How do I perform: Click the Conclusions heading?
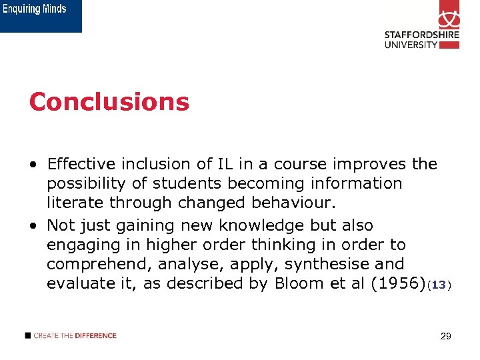(109, 102)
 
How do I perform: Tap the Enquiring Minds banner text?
(37, 9)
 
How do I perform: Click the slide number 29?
(446, 337)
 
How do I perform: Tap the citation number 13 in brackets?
(439, 285)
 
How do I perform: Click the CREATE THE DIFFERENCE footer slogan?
(75, 335)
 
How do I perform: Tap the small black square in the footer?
(27, 335)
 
